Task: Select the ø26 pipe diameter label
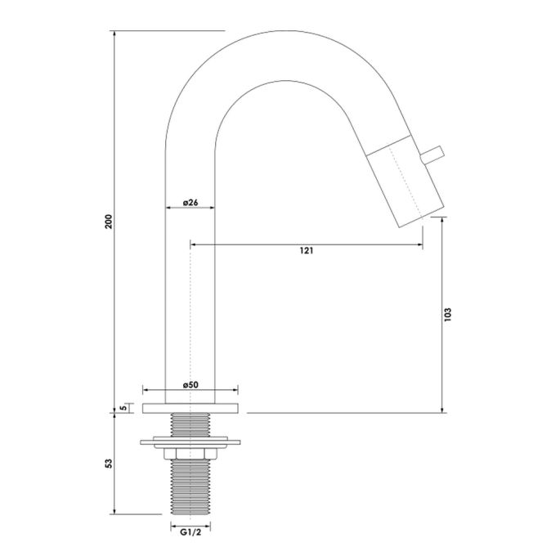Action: [190, 202]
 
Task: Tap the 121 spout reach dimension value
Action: [306, 251]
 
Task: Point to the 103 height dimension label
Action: [449, 315]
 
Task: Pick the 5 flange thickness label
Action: [123, 406]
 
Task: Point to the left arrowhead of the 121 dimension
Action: [194, 243]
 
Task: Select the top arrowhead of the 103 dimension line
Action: [442, 219]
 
